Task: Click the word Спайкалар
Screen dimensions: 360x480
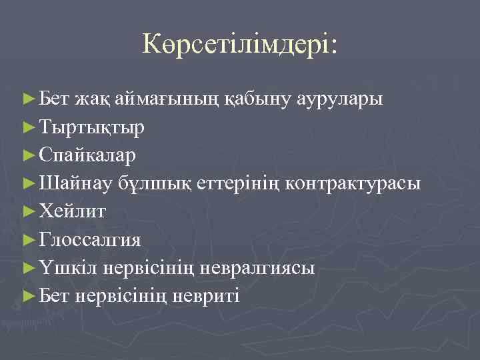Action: click(88, 155)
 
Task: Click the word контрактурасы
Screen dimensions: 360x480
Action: click(353, 183)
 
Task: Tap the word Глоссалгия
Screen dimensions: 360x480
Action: click(90, 239)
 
